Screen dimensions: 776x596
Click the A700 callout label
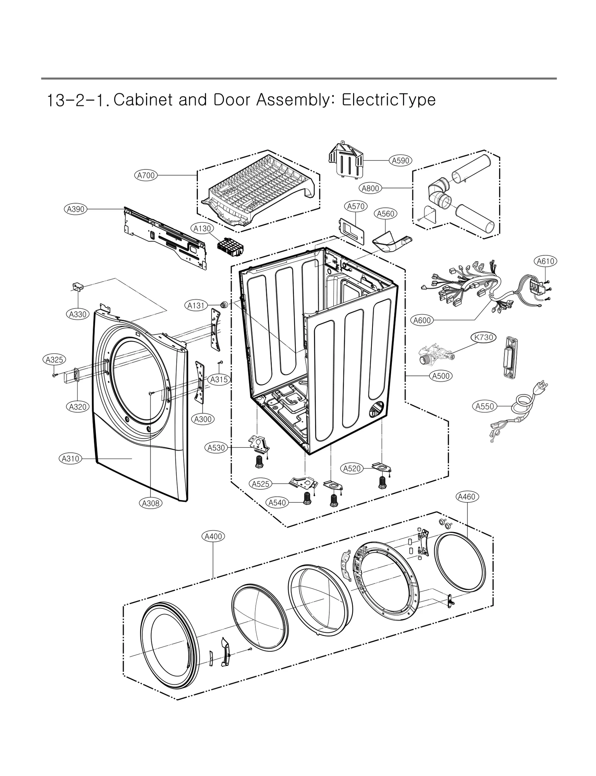[146, 175]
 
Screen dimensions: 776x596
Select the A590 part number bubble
[401, 160]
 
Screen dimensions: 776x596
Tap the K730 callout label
[484, 337]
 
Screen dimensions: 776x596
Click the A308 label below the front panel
[151, 503]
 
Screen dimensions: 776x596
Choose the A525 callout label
[260, 484]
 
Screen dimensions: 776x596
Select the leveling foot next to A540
[307, 498]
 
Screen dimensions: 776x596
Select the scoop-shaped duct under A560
[389, 242]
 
